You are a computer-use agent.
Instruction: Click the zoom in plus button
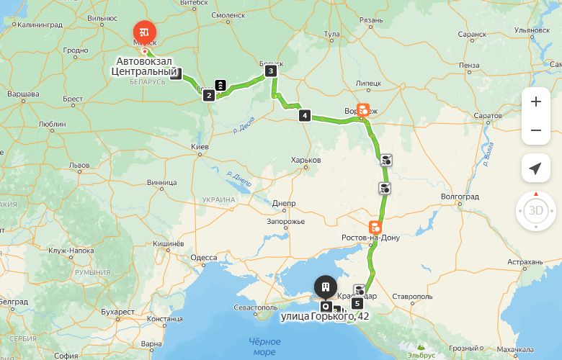click(535, 102)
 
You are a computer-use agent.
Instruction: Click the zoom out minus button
click(535, 130)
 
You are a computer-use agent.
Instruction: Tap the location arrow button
click(535, 168)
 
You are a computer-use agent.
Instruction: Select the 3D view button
click(535, 211)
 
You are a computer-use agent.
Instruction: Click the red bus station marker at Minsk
click(145, 32)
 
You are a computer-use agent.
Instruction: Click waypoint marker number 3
click(270, 71)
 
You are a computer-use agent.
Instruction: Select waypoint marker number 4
click(305, 115)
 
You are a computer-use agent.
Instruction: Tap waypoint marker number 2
click(208, 95)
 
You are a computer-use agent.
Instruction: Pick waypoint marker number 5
click(357, 303)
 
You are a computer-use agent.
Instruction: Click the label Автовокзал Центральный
click(145, 66)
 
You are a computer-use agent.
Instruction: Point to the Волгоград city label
click(460, 197)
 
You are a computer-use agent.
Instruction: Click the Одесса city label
click(204, 257)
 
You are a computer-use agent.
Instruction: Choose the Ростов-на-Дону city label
click(370, 238)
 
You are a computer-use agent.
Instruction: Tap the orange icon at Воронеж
click(363, 110)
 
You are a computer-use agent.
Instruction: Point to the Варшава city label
click(23, 94)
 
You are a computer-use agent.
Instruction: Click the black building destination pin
click(326, 287)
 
